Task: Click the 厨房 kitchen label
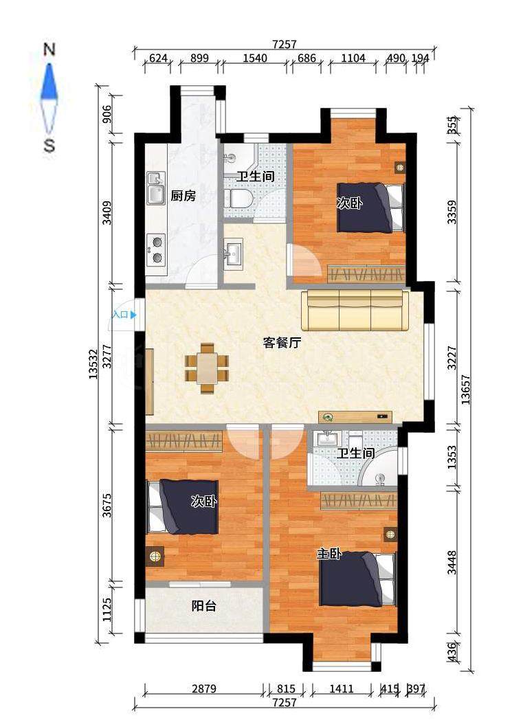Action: click(183, 196)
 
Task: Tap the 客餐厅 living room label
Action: click(282, 343)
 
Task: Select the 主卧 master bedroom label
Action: click(329, 554)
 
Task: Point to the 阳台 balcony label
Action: click(204, 606)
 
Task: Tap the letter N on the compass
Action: click(49, 49)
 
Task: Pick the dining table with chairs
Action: click(207, 368)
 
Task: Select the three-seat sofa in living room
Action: click(355, 310)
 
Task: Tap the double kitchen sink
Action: click(156, 188)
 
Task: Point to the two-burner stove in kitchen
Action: click(156, 250)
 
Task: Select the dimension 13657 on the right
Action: click(466, 390)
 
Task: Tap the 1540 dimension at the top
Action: click(254, 58)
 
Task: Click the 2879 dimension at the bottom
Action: click(204, 689)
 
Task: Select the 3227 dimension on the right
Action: click(452, 358)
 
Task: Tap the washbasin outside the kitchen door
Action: click(233, 252)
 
